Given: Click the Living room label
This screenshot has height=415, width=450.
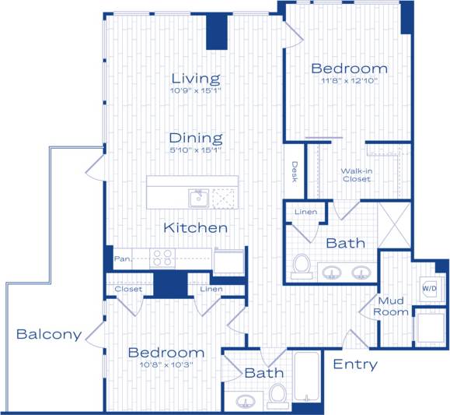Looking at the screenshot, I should pos(196,78).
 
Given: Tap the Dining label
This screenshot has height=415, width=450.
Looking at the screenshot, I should pos(196,138).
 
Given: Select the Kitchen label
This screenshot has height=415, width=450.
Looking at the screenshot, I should pos(196,228).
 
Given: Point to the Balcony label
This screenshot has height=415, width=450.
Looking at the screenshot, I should pos(49,335).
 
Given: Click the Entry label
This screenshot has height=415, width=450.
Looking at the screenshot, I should pos(355,364).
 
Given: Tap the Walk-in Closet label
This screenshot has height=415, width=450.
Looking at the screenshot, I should pos(356,174).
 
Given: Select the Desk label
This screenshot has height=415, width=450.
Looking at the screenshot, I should pos(295,171).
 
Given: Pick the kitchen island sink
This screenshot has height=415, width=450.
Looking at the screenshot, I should pos(198,199).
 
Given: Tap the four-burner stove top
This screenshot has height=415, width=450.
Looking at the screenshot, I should pos(162,258).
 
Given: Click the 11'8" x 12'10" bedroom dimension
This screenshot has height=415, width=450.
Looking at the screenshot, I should pos(349,82).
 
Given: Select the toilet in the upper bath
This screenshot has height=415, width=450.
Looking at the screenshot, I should pos(301,265).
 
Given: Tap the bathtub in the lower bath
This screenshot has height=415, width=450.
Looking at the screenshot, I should pos(308,378).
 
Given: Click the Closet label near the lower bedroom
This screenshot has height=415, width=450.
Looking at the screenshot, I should pos(128,290).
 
